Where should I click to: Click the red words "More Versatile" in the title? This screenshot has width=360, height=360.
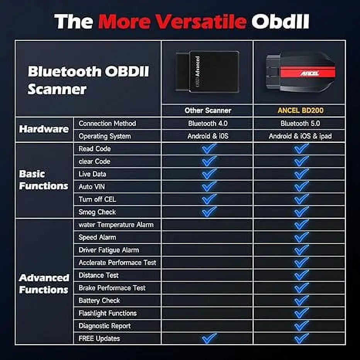point(172,21)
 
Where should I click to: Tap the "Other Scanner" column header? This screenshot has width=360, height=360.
point(208,110)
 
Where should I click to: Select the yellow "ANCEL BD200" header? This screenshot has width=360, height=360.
point(301,110)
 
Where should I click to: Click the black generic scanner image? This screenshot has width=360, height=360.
point(208,71)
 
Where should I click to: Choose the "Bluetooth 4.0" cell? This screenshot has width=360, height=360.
point(208,124)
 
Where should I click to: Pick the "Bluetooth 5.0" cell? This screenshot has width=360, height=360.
point(300,124)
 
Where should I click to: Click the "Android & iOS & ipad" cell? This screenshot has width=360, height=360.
point(300,136)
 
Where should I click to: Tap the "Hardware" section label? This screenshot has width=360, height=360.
point(44,129)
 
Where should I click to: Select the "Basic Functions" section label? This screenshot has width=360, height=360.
point(44,180)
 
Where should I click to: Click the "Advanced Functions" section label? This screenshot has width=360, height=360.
point(44,284)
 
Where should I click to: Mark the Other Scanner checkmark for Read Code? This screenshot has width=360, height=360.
point(209,149)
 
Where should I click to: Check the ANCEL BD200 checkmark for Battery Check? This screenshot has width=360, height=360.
point(301,300)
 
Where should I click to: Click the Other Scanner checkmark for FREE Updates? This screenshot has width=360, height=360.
point(209,338)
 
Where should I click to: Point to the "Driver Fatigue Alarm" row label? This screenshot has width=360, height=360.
point(109,250)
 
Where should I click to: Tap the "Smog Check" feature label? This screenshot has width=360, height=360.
point(97,212)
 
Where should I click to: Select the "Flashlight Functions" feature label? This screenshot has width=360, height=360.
point(107,313)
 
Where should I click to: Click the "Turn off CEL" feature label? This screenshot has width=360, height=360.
point(97,199)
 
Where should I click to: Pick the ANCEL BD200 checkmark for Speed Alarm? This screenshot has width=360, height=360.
point(301,237)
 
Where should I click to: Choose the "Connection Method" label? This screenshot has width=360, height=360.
point(107,124)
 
